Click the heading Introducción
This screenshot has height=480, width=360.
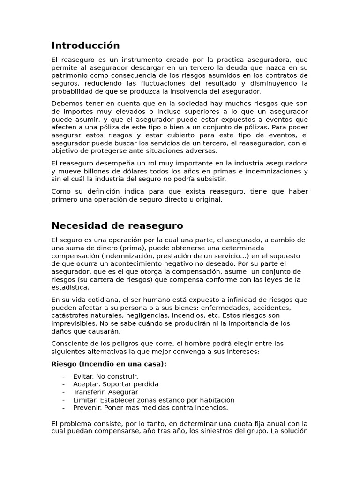tap(85, 45)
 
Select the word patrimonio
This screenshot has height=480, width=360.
tap(69, 75)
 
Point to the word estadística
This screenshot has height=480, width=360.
tap(70, 287)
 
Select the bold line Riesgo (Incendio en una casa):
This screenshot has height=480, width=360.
tap(109, 364)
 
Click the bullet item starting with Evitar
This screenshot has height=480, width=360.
tap(105, 376)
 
